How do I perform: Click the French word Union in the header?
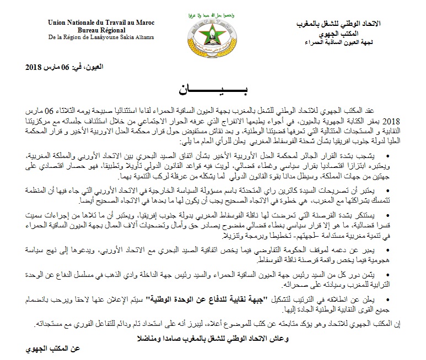tap(57, 23)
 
